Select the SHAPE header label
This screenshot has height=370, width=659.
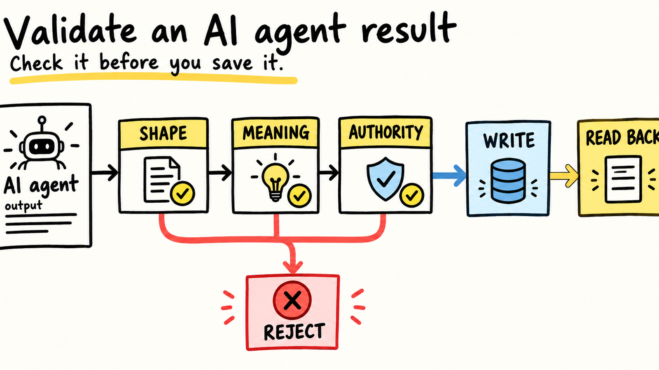point(163,133)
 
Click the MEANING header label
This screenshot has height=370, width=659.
point(276,133)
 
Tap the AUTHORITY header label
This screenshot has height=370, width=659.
point(386,132)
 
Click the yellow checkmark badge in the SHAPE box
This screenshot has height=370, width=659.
point(182,193)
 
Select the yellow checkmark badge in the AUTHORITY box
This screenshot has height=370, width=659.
point(411,195)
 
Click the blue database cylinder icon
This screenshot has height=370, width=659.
point(508,180)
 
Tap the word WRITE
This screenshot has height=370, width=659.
point(509,140)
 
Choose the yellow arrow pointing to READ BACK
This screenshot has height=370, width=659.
point(564,176)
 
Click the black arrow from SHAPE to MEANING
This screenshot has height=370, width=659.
point(220,172)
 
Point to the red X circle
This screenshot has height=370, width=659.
point(292,300)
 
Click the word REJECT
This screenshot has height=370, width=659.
point(294,332)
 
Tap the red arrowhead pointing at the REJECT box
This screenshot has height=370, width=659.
point(293,267)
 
